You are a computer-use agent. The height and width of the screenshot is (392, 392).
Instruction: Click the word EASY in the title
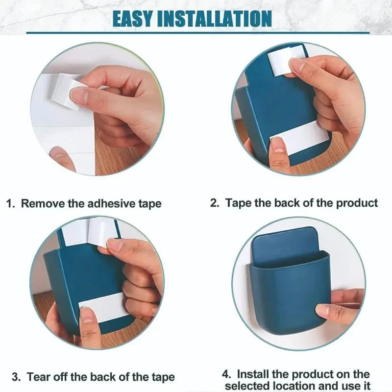(132, 19)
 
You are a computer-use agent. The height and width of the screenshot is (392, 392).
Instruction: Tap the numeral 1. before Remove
(10, 203)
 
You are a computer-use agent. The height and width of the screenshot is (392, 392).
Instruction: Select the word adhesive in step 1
(111, 203)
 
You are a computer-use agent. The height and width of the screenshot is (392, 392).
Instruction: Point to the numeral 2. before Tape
(214, 203)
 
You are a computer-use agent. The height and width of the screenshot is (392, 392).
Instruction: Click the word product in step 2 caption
(357, 203)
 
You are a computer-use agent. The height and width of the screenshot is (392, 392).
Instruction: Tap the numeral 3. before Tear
(16, 377)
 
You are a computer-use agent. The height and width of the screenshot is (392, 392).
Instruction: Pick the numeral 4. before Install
(226, 374)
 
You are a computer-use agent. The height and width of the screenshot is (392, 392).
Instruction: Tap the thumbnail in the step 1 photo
(79, 96)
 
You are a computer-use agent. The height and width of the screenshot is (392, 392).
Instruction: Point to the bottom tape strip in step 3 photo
(104, 307)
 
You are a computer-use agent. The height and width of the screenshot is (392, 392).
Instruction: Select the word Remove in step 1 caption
(43, 203)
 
